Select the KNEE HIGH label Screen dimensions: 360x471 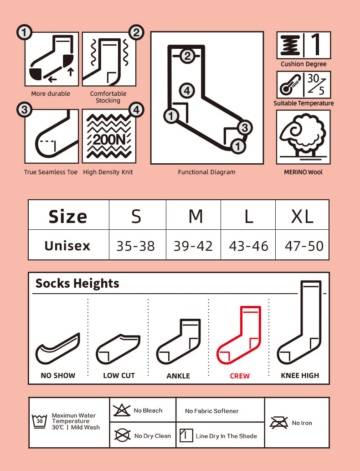tap(300, 376)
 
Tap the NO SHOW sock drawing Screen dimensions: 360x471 tap(58, 348)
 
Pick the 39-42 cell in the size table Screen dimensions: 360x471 tap(193, 246)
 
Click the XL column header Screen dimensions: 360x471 tap(302, 216)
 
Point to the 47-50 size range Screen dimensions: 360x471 tap(304, 246)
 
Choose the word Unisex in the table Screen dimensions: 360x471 tap(67, 246)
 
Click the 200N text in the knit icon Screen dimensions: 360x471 tap(109, 140)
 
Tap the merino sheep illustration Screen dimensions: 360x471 tap(303, 136)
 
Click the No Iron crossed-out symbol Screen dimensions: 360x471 tap(279, 423)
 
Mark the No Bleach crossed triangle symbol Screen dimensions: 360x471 tap(121, 410)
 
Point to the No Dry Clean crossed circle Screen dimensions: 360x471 tap(122, 435)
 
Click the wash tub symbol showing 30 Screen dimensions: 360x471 tap(40, 421)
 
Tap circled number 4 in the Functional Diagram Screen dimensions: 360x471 tap(187, 90)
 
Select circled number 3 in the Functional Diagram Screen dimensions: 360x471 tap(245, 128)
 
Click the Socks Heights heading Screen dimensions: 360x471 tap(77, 283)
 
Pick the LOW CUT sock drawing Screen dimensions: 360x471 tap(118, 349)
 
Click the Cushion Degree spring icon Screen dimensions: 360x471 tap(290, 45)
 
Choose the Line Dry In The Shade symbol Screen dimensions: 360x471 tap(186, 435)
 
